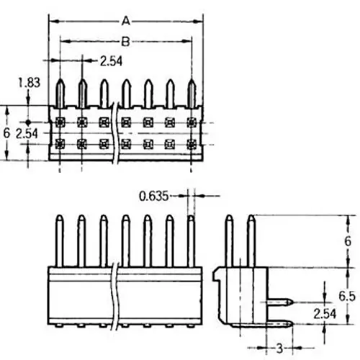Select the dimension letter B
point(125,42)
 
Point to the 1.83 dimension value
point(28,83)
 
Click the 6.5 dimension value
point(346,295)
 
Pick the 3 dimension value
point(279,348)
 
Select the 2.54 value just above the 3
point(326,313)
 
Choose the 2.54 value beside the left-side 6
point(28,134)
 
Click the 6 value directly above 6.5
point(347,241)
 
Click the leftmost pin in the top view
point(60,92)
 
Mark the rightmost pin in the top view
point(192,92)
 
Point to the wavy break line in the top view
point(114,133)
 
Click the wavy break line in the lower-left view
point(117,295)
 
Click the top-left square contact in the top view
point(60,120)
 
